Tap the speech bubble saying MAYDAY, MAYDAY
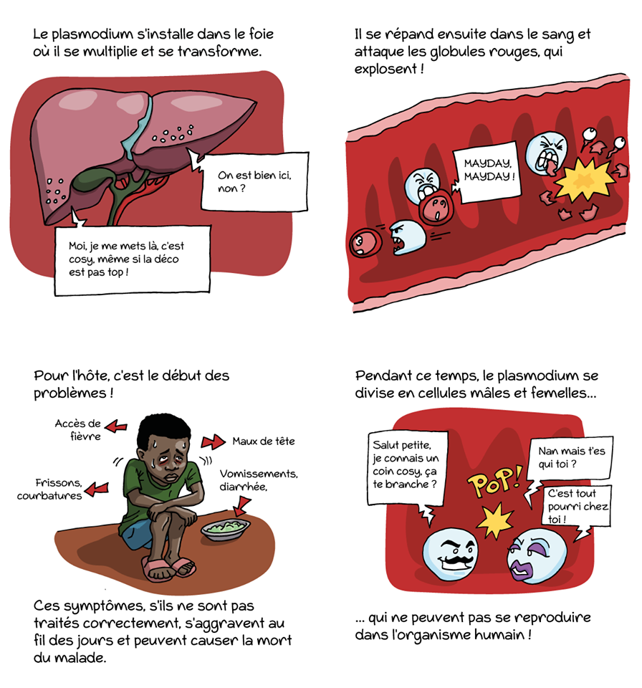click(487, 173)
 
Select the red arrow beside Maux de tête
click(214, 441)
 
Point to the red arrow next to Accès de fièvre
click(116, 426)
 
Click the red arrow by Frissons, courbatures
click(97, 489)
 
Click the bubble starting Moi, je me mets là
click(132, 259)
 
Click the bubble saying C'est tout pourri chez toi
click(576, 507)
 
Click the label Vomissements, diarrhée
click(258, 480)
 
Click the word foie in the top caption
click(262, 34)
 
